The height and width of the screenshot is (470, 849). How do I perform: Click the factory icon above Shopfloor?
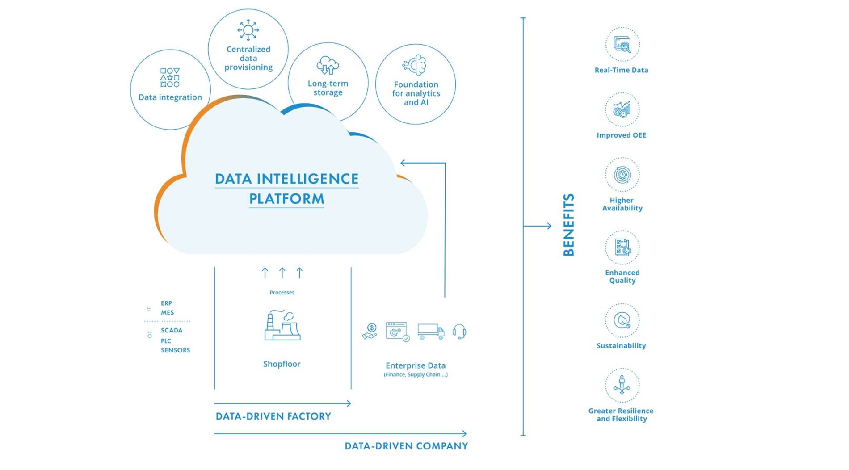click(282, 325)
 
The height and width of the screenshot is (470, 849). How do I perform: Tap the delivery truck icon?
click(431, 332)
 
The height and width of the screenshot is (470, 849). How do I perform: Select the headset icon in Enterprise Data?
click(459, 332)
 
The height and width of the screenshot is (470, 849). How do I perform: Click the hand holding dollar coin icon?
click(370, 332)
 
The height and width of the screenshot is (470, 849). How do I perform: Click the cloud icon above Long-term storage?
click(328, 65)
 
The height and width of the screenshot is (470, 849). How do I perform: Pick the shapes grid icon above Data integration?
click(170, 77)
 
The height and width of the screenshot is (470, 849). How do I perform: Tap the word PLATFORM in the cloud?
click(286, 199)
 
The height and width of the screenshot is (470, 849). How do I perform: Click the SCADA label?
click(172, 330)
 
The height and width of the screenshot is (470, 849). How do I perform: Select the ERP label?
click(166, 303)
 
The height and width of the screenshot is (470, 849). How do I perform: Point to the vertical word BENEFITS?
click(568, 225)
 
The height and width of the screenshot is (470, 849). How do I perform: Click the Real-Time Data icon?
click(622, 45)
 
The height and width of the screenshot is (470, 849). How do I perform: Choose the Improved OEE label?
click(621, 135)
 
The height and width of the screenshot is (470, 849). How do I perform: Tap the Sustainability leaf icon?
click(622, 320)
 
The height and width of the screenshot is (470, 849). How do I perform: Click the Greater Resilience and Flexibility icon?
click(622, 385)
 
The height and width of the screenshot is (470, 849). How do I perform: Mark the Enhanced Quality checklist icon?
click(622, 248)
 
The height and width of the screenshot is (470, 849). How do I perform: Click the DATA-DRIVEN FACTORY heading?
click(273, 416)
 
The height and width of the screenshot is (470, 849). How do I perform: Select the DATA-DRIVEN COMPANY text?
click(406, 446)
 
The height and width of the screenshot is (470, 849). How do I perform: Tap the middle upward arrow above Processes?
click(282, 273)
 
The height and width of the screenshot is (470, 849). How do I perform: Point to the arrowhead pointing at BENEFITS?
click(549, 226)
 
